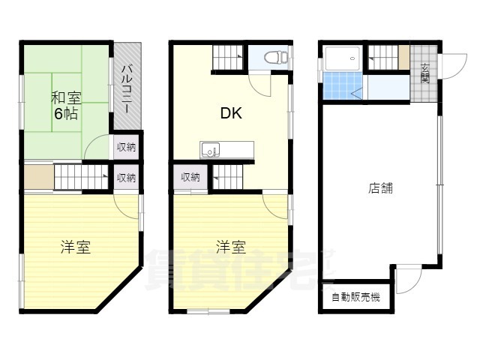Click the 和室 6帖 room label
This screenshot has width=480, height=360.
click(65, 106)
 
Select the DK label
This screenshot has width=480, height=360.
click(230, 114)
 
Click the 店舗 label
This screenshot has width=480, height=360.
click(380, 188)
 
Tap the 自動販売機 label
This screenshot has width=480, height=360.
click(356, 297)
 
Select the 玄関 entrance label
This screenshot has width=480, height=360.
click(424, 73)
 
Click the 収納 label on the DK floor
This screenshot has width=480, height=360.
click(190, 178)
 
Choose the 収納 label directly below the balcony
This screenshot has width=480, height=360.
click(126, 147)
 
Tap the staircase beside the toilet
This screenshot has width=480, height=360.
click(227, 58)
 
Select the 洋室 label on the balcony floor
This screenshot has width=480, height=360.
click(76, 247)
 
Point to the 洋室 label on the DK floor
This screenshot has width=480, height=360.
click(231, 247)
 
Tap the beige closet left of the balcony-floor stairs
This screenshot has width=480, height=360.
click(37, 178)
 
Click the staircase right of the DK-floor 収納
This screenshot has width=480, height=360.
click(227, 178)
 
